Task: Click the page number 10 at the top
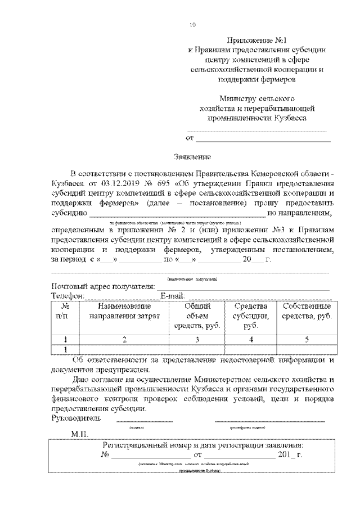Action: pos(192,25)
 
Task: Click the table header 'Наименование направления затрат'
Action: pos(124,311)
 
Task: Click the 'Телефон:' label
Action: pos(68,296)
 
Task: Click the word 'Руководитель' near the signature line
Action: pos(76,418)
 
